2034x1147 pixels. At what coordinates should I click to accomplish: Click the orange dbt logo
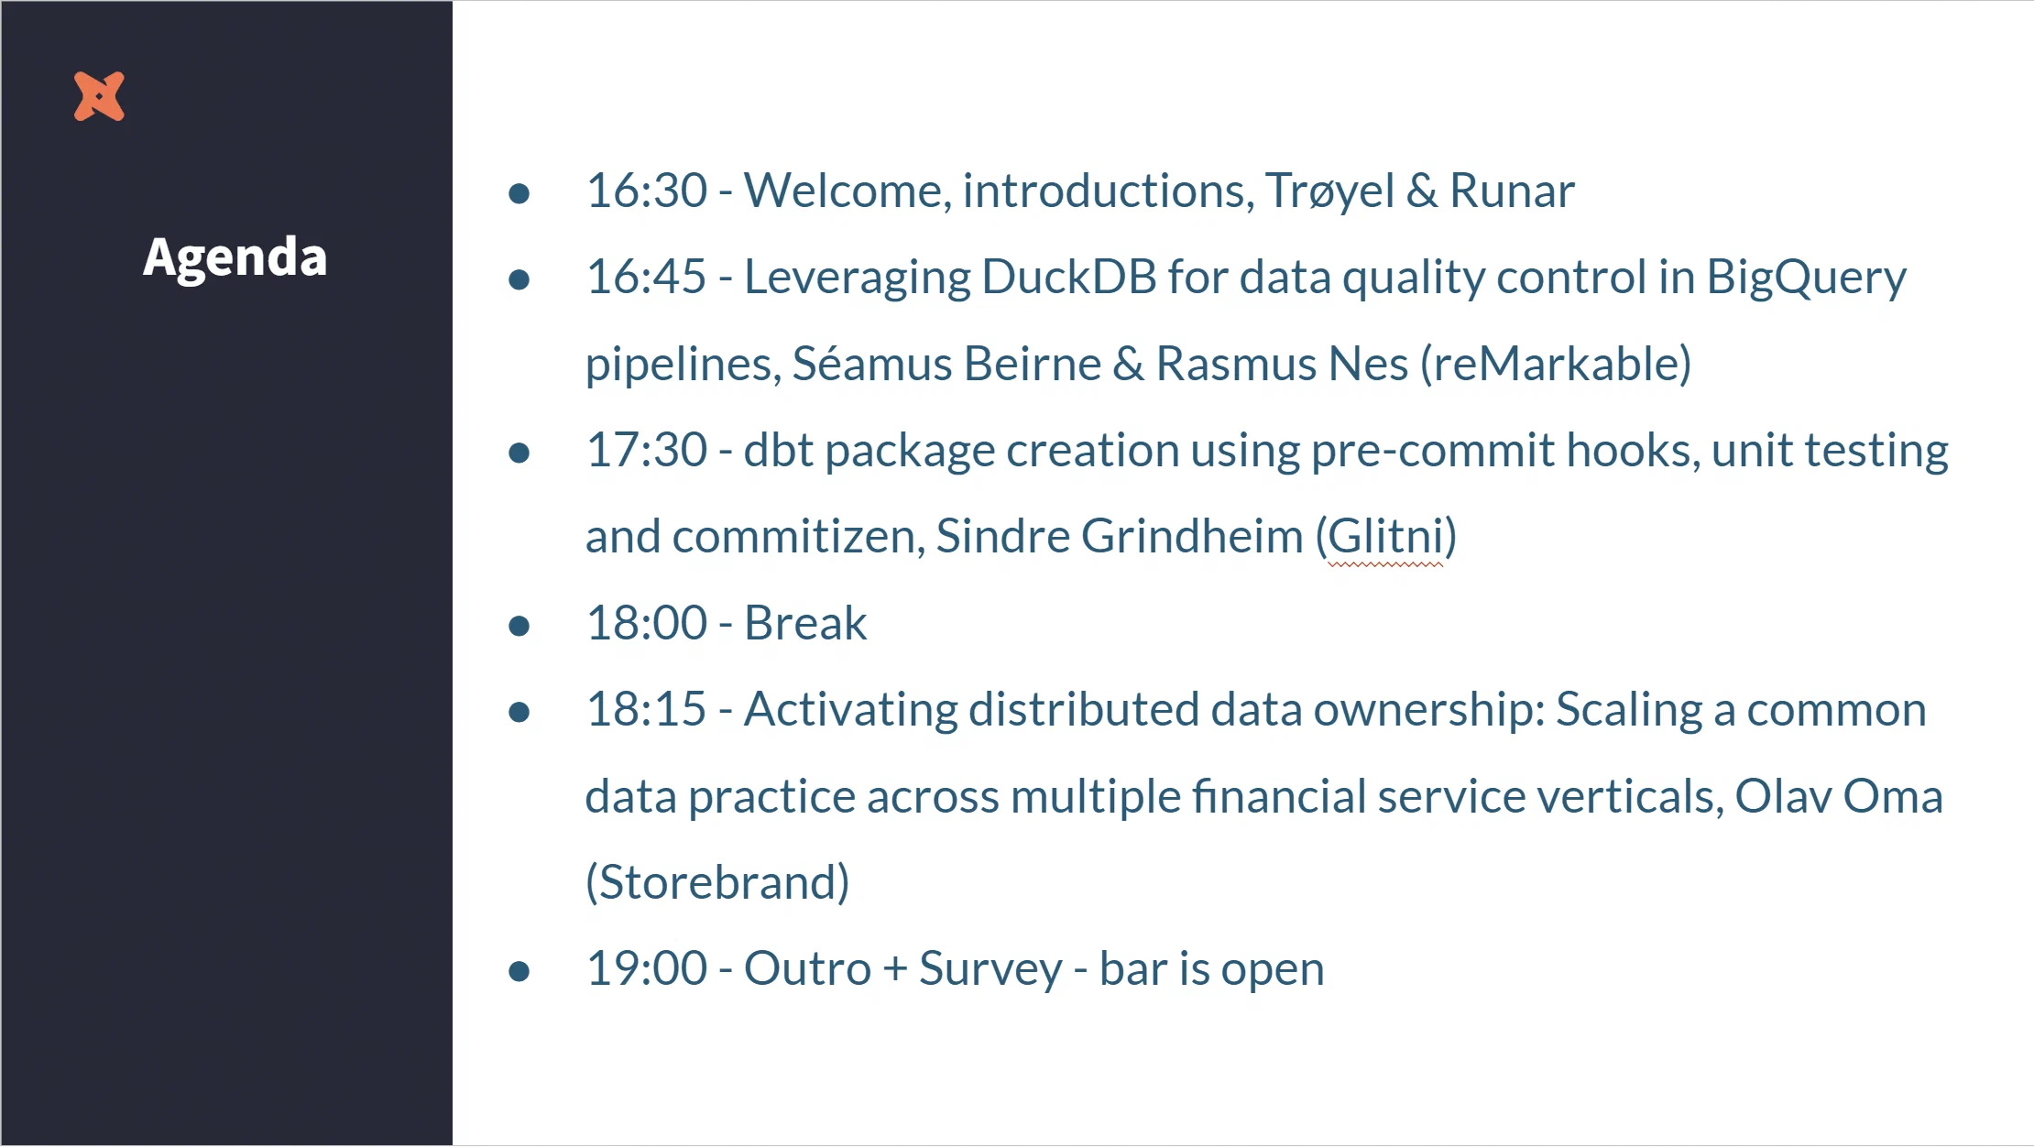point(99,96)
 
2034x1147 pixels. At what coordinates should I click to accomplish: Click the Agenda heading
point(235,257)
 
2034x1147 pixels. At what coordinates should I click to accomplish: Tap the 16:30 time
point(646,191)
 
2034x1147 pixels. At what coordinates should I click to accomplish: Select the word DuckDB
point(1068,277)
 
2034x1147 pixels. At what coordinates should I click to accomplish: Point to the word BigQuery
point(1805,279)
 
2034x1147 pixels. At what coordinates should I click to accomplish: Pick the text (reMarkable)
point(1555,364)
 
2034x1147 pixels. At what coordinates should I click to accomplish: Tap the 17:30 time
point(646,450)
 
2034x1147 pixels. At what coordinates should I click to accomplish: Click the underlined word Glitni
point(1385,537)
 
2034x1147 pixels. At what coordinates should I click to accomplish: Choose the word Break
point(804,624)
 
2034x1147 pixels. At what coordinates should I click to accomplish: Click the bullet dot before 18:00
point(519,626)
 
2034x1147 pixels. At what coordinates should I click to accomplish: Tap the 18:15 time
point(646,710)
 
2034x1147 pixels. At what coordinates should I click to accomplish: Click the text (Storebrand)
point(717,882)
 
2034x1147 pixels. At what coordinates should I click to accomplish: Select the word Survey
point(990,969)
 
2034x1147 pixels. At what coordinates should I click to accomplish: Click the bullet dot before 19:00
point(519,971)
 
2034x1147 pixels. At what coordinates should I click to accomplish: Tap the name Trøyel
point(1329,191)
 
